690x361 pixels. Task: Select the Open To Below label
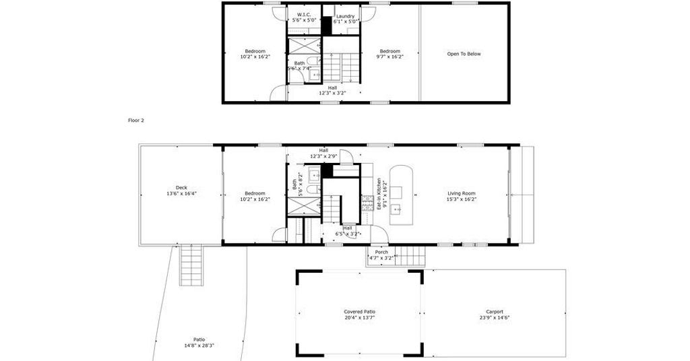pyautogui.click(x=464, y=54)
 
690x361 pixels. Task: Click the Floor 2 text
pyautogui.click(x=136, y=120)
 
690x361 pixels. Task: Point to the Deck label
pyautogui.click(x=181, y=188)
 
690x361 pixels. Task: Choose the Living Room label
pyautogui.click(x=462, y=193)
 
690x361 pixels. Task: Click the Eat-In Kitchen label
pyautogui.click(x=379, y=193)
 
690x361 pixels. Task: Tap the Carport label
pyautogui.click(x=495, y=312)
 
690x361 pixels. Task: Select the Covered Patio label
pyautogui.click(x=360, y=312)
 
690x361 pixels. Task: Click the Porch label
pyautogui.click(x=381, y=253)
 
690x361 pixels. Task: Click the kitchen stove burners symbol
pyautogui.click(x=367, y=203)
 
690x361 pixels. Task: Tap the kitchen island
pyautogui.click(x=402, y=195)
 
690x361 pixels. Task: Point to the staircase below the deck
pyautogui.click(x=191, y=265)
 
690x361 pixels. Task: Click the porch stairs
pyautogui.click(x=410, y=255)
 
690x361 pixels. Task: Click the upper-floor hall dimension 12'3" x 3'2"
pyautogui.click(x=332, y=93)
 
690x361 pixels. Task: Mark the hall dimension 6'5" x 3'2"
pyautogui.click(x=348, y=234)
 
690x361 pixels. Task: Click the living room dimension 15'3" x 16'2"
pyautogui.click(x=462, y=199)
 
